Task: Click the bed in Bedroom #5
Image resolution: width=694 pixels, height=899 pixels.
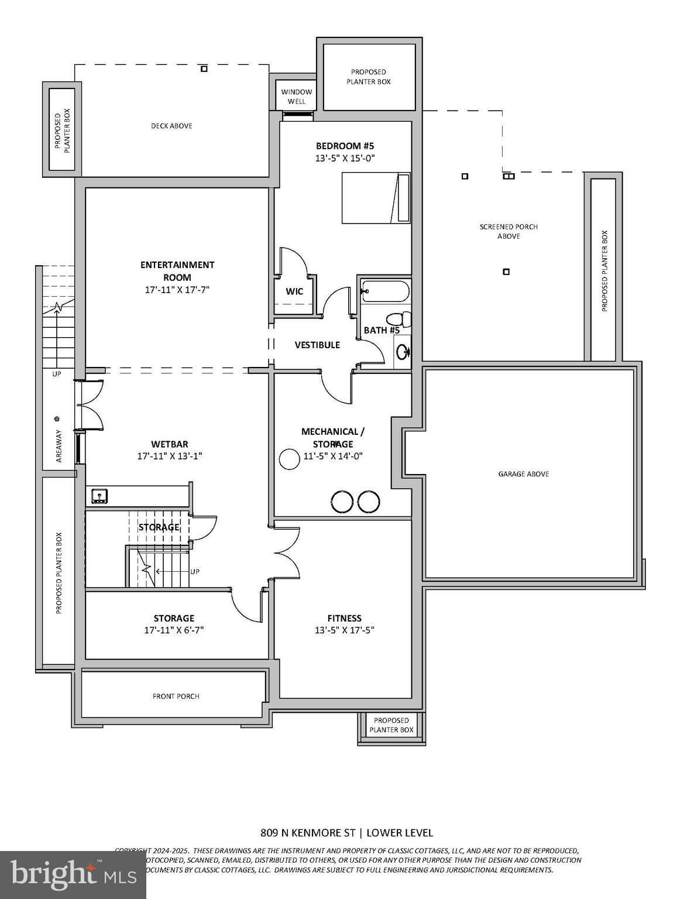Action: pos(376,198)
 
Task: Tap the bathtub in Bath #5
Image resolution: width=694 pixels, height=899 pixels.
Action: pos(385,291)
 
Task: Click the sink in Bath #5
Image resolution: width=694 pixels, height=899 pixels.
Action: pos(403,352)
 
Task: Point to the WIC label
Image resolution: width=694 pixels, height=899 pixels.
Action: pos(294,291)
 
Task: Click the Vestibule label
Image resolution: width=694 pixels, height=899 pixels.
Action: pos(317,345)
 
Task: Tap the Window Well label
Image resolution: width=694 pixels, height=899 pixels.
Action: pos(297,97)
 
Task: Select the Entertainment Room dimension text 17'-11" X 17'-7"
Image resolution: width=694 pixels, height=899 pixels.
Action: pos(177,290)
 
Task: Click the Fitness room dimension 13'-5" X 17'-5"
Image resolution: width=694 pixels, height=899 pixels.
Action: pos(344,630)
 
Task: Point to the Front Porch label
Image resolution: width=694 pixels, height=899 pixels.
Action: pos(176,696)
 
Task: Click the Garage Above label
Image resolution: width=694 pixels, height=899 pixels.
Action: pos(524,474)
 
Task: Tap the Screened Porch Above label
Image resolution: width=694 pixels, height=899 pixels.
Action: pos(509,231)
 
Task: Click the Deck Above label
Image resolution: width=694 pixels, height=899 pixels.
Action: pos(171,126)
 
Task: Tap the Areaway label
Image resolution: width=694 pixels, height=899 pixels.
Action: pos(59,447)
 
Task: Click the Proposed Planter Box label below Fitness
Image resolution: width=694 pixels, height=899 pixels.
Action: pos(391,725)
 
